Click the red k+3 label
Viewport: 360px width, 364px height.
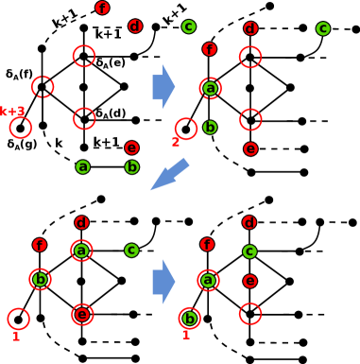[11, 112]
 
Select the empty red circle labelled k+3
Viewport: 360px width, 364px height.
[20, 128]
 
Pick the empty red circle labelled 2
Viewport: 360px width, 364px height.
[186, 129]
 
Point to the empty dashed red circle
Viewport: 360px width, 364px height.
[43, 87]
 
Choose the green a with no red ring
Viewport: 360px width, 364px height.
[83, 167]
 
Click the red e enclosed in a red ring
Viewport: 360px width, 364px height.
[82, 315]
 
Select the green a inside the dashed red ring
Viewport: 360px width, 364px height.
[211, 89]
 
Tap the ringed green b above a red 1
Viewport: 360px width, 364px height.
[189, 319]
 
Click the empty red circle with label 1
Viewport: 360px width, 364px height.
[18, 319]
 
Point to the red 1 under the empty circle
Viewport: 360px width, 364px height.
[16, 336]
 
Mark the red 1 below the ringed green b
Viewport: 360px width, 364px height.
[186, 335]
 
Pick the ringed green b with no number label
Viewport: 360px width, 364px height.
[40, 279]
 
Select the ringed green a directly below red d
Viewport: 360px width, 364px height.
[81, 251]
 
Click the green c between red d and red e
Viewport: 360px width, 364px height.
[249, 251]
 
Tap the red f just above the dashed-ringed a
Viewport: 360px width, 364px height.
[209, 49]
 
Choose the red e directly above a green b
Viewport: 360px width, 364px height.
[131, 148]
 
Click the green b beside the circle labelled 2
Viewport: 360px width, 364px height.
[210, 128]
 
